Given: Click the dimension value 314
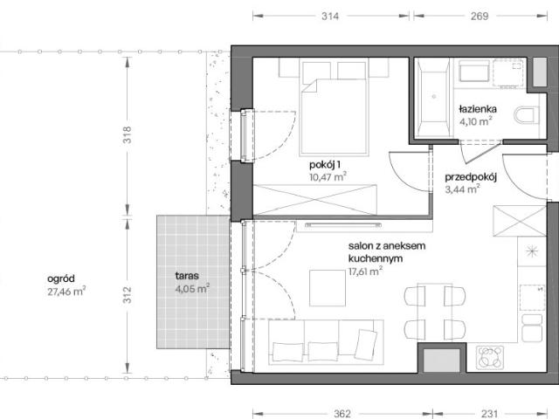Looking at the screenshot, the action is (330, 16).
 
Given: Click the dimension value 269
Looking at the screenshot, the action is (480, 16).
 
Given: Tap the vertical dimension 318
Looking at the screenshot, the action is (128, 134).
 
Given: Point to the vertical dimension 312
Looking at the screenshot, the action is (128, 295).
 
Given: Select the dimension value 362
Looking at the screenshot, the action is (342, 414).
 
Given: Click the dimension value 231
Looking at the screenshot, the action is (489, 414).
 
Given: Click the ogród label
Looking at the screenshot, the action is (61, 278).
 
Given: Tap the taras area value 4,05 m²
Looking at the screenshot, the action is (192, 288).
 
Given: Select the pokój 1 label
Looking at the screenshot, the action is (325, 165).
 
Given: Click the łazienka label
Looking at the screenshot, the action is (478, 109).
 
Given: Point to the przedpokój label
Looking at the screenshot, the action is (471, 177).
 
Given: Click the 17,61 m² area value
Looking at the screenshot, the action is (365, 271).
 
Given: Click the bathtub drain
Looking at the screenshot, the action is (434, 97).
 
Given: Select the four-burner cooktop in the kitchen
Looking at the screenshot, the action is (490, 358).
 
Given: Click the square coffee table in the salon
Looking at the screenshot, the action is (328, 288).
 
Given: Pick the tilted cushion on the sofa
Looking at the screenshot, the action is (367, 342).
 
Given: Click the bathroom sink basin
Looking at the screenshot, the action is (474, 72).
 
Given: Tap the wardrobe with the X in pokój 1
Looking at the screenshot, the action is (314, 200).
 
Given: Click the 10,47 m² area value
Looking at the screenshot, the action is (328, 177).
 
